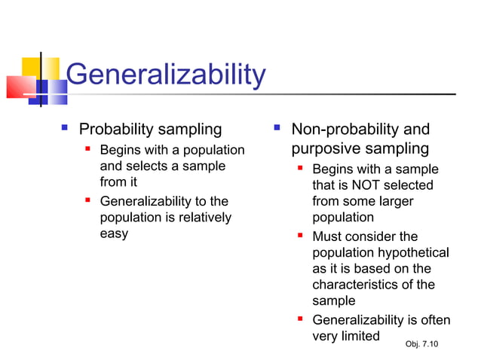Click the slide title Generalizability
pyautogui.click(x=166, y=75)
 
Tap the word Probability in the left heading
pyautogui.click(x=115, y=130)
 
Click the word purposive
pyautogui.click(x=326, y=149)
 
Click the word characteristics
pyautogui.click(x=357, y=285)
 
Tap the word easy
pyautogui.click(x=114, y=233)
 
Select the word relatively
pyautogui.click(x=203, y=218)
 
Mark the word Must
pyautogui.click(x=327, y=236)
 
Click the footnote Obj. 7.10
pyautogui.click(x=421, y=344)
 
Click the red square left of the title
pyautogui.click(x=18, y=87)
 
